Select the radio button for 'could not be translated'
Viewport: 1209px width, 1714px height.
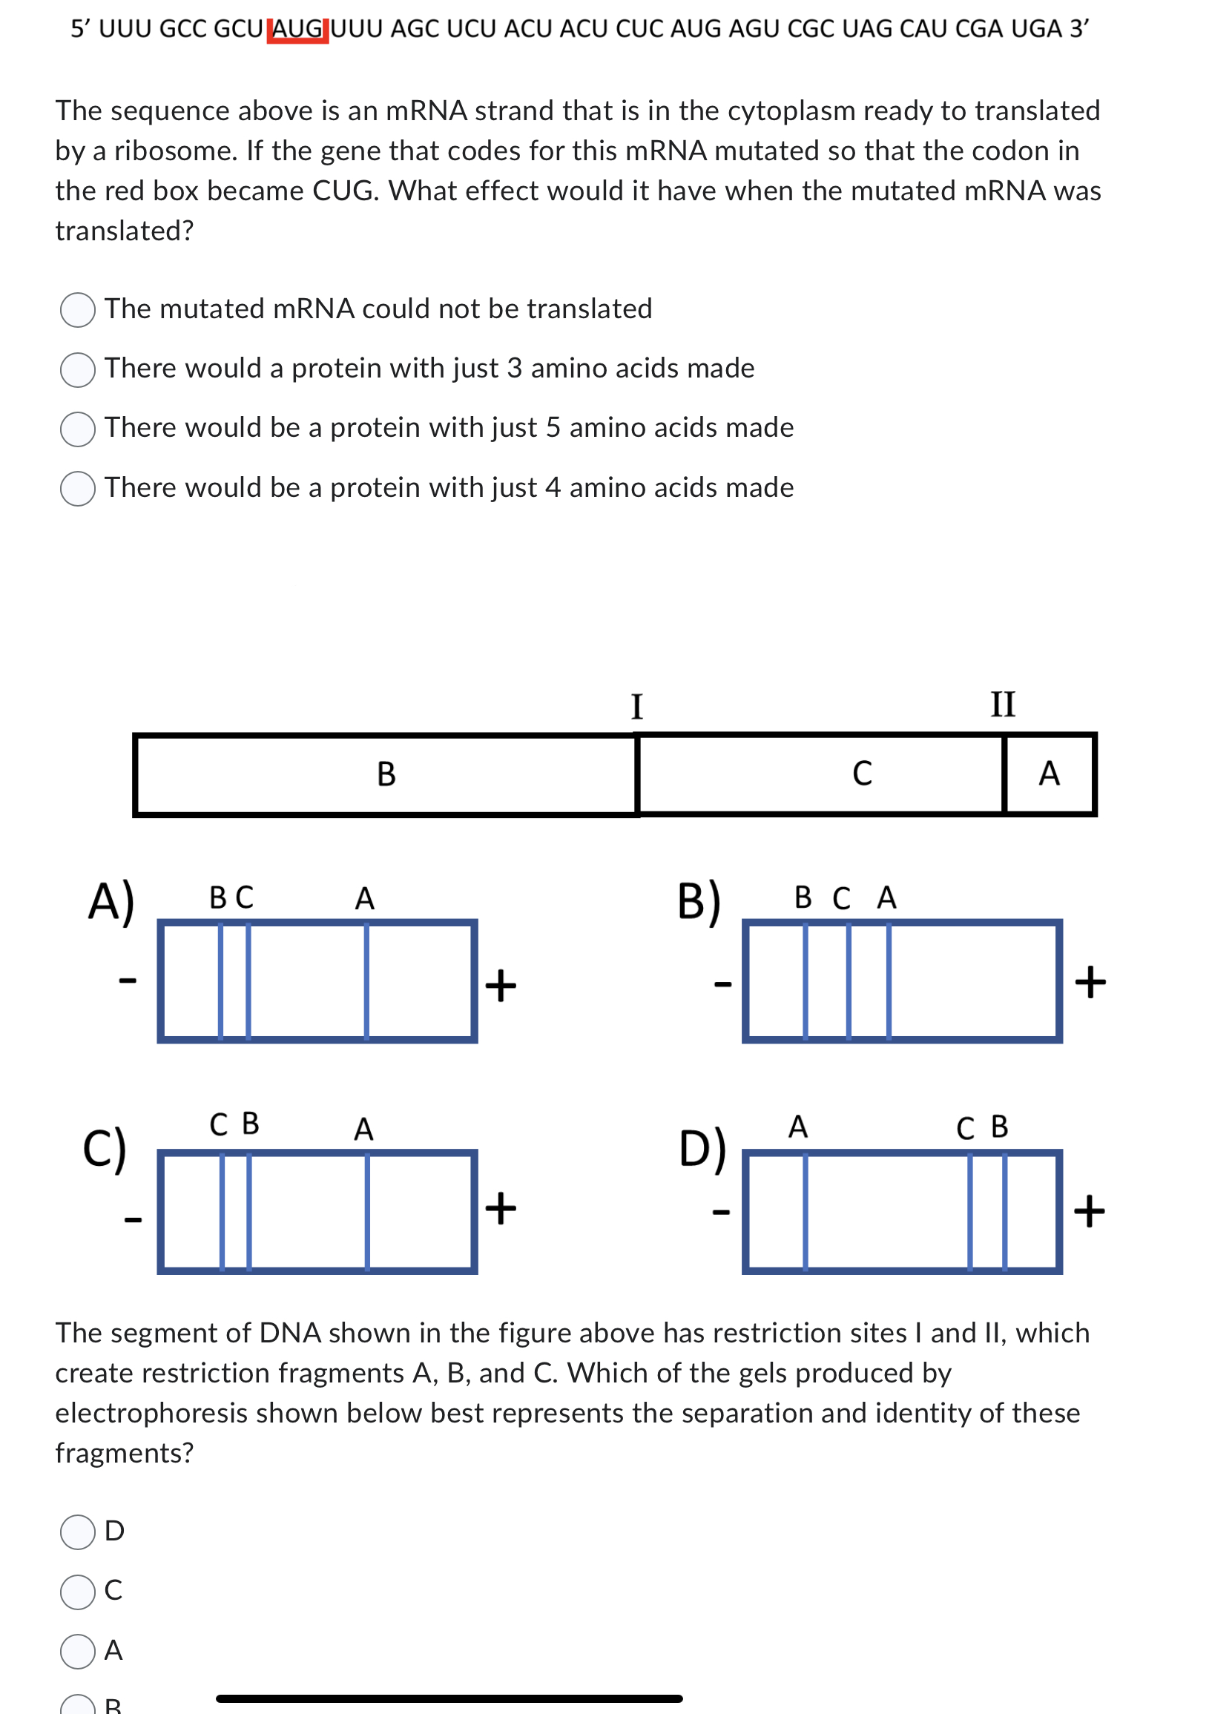[x=78, y=310]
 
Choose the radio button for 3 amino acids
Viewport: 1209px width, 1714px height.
[x=78, y=369]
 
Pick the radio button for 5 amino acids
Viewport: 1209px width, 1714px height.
[x=78, y=429]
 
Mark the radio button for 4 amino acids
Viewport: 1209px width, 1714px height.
[x=78, y=489]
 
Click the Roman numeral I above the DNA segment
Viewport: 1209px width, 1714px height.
[x=636, y=706]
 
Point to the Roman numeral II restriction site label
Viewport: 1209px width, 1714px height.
[x=1002, y=704]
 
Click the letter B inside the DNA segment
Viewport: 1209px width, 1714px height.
[x=386, y=774]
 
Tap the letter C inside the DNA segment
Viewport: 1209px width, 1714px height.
[x=862, y=774]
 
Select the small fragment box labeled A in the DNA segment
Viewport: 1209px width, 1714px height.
[x=1049, y=774]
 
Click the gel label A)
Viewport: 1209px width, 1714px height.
[x=111, y=902]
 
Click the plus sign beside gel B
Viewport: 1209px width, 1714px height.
[x=1090, y=982]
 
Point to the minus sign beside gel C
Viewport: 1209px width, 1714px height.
[x=133, y=1220]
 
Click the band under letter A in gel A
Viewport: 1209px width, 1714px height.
[x=366, y=981]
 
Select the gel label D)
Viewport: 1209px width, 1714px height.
[x=702, y=1148]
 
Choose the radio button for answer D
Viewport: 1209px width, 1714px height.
[x=78, y=1532]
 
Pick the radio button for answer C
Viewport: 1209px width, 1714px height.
[x=78, y=1592]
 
